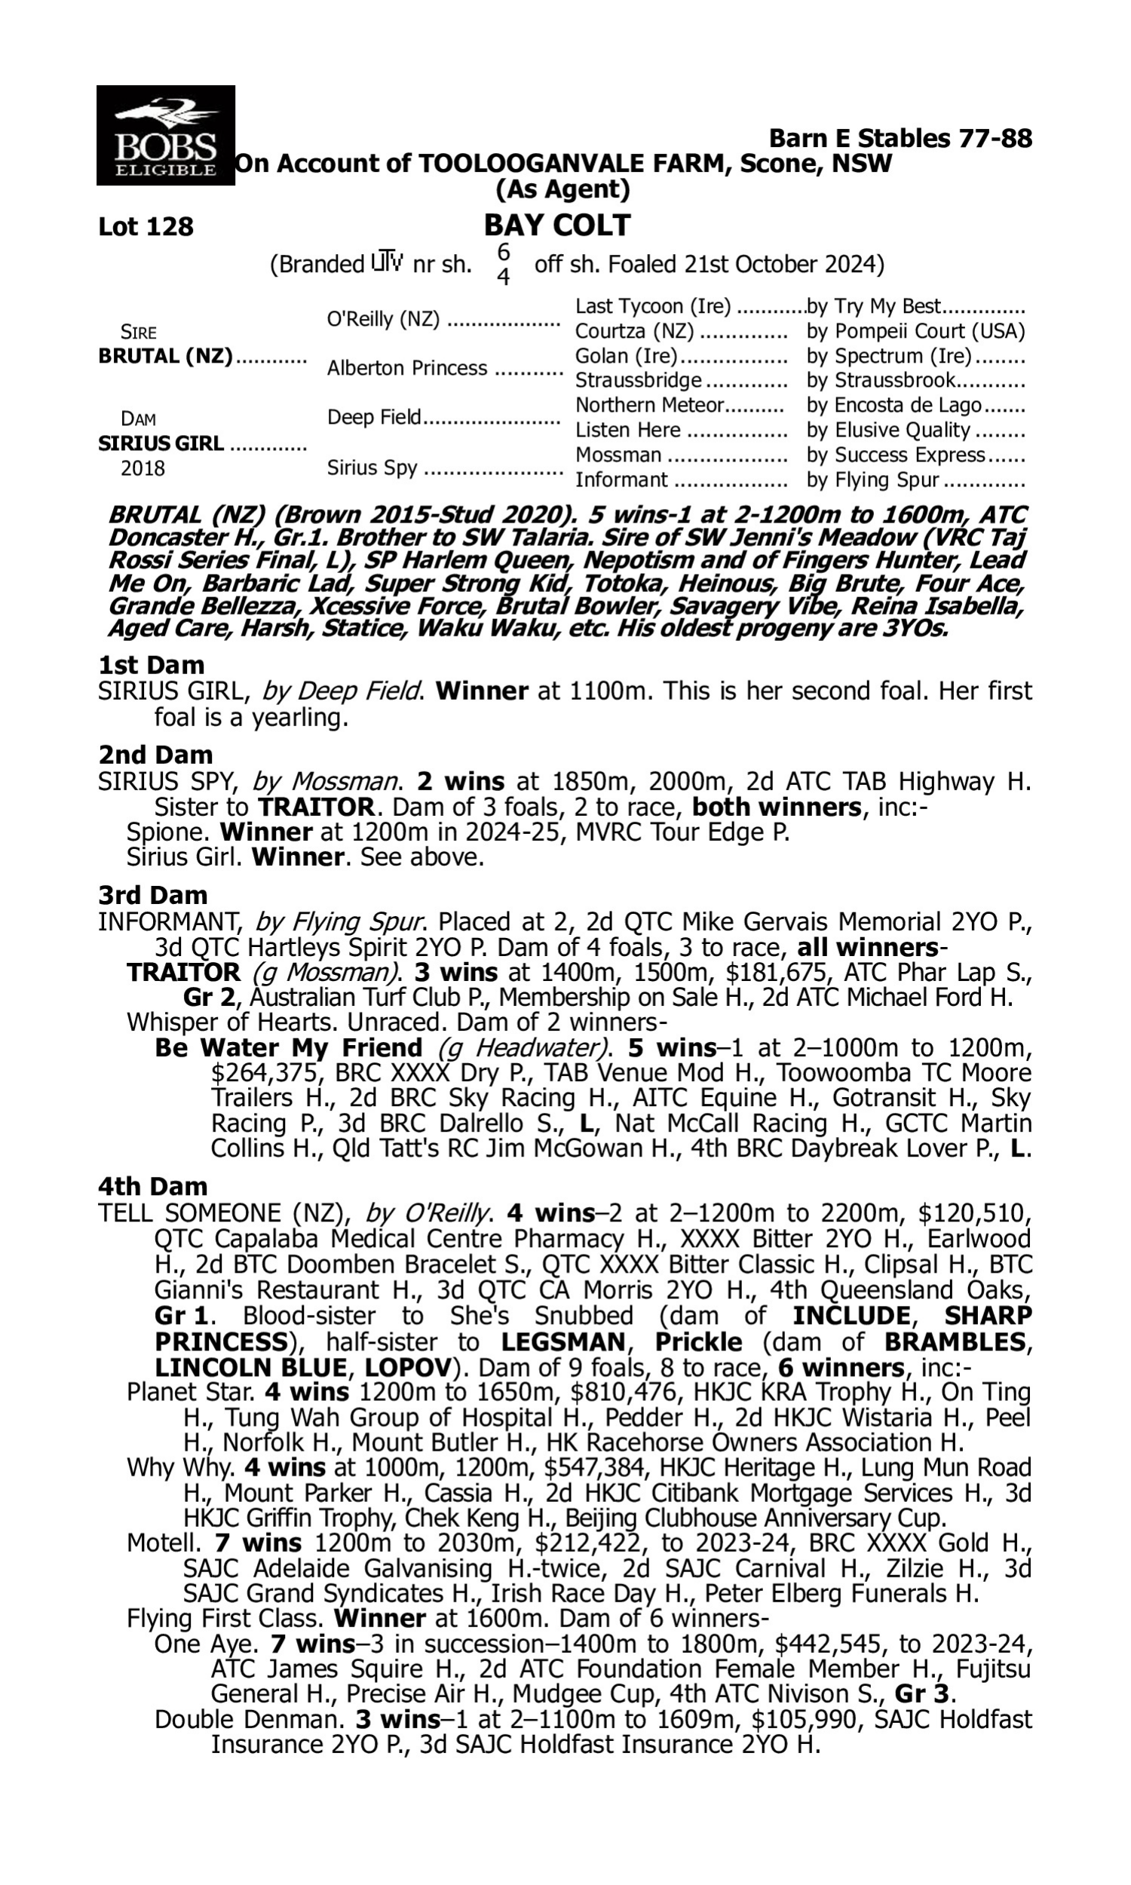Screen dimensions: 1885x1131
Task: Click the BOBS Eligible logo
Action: [x=165, y=135]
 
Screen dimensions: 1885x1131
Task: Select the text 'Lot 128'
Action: [x=146, y=227]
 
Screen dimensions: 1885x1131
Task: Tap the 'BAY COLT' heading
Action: [x=557, y=225]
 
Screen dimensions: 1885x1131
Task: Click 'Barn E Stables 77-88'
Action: [x=900, y=138]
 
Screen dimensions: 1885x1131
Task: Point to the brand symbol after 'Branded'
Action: [x=387, y=264]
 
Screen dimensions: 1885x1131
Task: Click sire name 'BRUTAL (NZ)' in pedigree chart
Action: [x=165, y=357]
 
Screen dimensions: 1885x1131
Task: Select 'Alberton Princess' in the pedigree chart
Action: [x=407, y=368]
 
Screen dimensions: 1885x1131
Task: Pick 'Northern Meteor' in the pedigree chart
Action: [x=648, y=405]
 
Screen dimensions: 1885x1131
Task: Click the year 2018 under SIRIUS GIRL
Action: [x=143, y=468]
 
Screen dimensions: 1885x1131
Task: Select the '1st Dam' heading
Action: [x=151, y=665]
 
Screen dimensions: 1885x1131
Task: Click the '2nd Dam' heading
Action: [x=155, y=755]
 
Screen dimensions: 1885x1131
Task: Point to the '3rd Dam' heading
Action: [x=152, y=895]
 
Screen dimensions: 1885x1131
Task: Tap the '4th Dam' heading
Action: [x=152, y=1186]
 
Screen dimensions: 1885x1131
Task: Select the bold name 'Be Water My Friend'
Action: [x=288, y=1048]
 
